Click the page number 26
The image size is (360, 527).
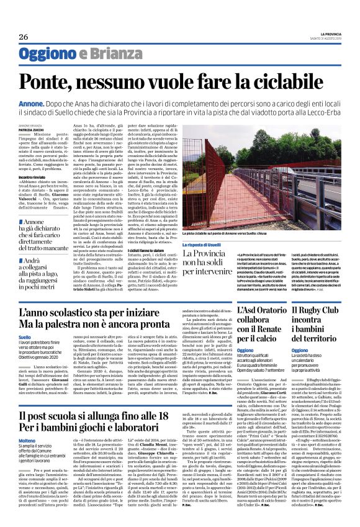[x=24, y=37]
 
